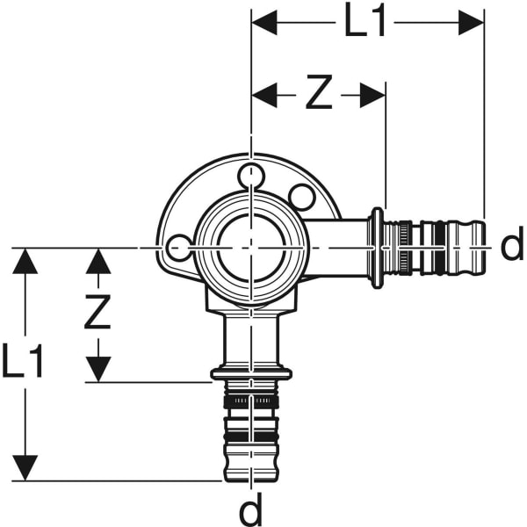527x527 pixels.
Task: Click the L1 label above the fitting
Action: (365, 23)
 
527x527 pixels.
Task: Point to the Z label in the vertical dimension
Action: (97, 313)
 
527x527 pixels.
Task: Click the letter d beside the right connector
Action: (511, 247)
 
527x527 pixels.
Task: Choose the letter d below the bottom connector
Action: (252, 507)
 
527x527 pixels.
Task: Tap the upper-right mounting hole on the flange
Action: (301, 195)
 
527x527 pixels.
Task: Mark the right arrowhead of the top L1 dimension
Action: (472, 23)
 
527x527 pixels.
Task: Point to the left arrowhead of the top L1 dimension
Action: (264, 23)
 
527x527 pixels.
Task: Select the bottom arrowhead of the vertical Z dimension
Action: (97, 370)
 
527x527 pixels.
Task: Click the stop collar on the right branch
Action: (377, 248)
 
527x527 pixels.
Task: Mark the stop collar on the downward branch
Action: (251, 375)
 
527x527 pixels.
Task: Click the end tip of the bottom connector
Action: (251, 478)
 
